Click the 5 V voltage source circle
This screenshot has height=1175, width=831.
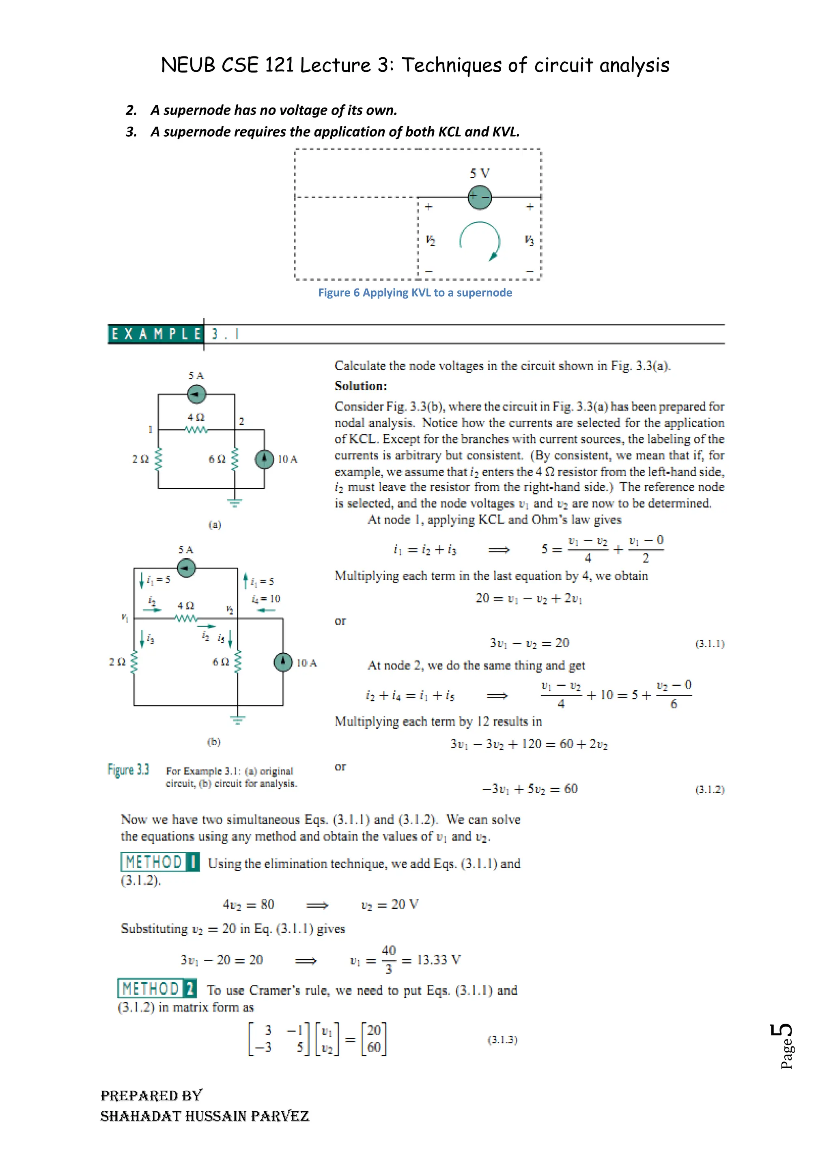click(480, 197)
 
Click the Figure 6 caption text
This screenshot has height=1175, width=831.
click(415, 293)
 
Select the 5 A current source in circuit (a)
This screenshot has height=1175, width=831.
click(196, 394)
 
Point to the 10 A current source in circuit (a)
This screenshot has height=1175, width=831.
click(264, 458)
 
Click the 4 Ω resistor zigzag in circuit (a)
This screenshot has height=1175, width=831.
click(196, 430)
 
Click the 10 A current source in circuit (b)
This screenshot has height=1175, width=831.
click(283, 662)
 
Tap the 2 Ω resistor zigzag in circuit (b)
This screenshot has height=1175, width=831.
click(135, 662)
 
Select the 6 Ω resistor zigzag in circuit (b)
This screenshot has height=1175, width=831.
click(237, 662)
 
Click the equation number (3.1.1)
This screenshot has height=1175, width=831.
click(710, 644)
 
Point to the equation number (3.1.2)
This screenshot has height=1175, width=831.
click(710, 789)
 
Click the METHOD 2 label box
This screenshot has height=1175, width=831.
click(157, 988)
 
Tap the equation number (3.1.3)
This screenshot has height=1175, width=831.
click(502, 1039)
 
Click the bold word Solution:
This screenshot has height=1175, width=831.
click(361, 386)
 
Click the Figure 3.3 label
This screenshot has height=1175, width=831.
click(129, 770)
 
